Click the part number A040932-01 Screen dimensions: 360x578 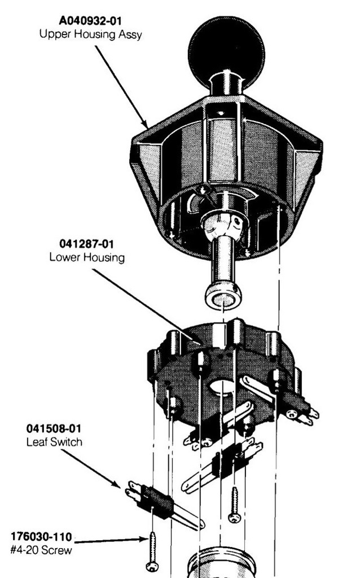[90, 21]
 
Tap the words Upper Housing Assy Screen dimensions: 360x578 [91, 34]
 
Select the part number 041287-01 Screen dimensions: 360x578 [86, 244]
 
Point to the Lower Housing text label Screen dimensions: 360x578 [87, 257]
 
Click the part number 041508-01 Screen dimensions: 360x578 [54, 428]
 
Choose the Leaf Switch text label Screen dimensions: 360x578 [54, 441]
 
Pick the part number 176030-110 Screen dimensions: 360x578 [41, 536]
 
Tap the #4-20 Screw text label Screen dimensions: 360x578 [41, 550]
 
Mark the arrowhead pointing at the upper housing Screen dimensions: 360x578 [144, 124]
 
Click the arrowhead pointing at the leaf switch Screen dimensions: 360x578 [116, 484]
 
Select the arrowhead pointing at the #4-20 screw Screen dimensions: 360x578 [144, 539]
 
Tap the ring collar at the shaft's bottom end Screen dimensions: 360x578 [223, 296]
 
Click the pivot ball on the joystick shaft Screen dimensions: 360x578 [222, 225]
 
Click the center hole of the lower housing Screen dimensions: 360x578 [222, 387]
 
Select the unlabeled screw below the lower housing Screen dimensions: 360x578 [234, 505]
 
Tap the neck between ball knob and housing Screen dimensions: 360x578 [226, 84]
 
